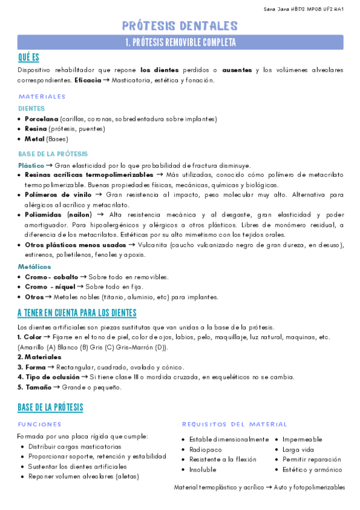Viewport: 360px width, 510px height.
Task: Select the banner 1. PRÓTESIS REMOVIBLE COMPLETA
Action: click(180, 42)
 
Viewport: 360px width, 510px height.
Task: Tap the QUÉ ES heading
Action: click(28, 57)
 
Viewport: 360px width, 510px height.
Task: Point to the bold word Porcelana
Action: click(41, 119)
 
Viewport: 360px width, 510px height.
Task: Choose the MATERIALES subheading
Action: click(42, 96)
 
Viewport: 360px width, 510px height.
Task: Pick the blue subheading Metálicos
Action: click(34, 266)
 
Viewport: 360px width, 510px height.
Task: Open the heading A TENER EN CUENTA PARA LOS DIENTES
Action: click(77, 313)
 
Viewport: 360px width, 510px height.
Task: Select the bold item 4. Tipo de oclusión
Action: click(48, 377)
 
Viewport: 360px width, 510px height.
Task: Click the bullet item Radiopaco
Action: click(206, 449)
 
